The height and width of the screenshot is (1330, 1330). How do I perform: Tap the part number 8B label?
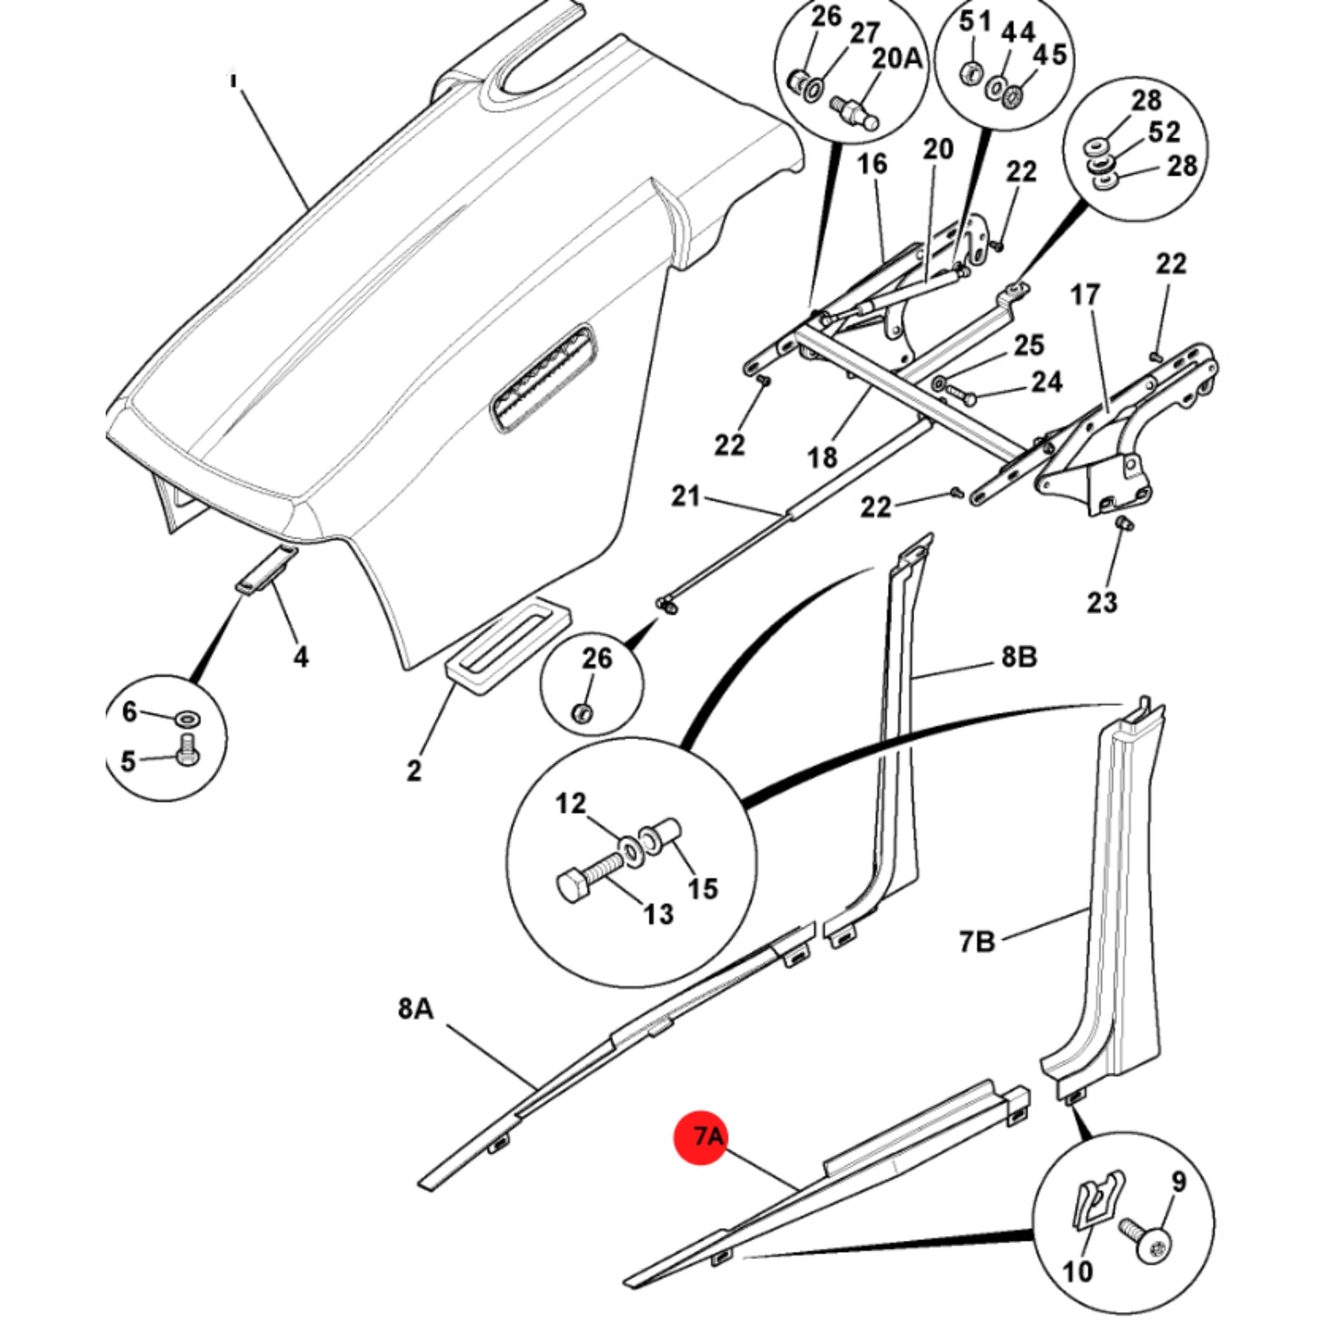click(1020, 657)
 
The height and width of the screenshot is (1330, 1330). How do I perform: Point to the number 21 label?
click(686, 496)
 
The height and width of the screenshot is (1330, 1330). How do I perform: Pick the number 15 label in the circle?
click(702, 888)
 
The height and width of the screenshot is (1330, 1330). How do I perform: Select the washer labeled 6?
click(186, 719)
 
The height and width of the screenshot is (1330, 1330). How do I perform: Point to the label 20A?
click(896, 60)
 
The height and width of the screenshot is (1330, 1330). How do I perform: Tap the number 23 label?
click(1102, 603)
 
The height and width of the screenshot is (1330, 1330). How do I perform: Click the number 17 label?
click(1084, 295)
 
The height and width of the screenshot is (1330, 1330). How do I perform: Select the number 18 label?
click(821, 457)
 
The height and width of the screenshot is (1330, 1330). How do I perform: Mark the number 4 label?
click(301, 656)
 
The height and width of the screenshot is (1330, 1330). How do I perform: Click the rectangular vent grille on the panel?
click(542, 380)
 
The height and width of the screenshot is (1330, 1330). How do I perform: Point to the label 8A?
click(415, 1009)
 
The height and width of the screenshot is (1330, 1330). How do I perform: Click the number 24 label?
click(1047, 382)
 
